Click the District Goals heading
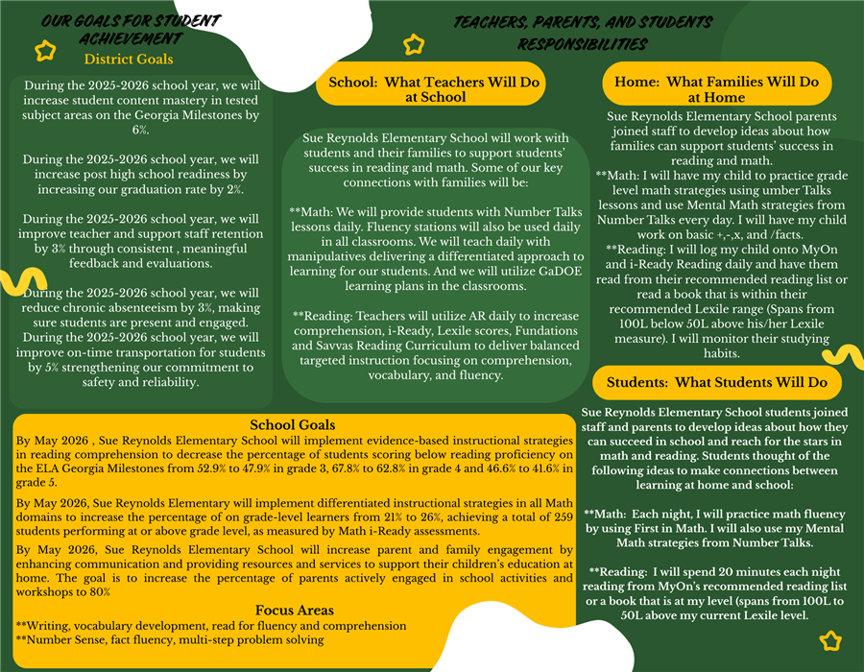pyautogui.click(x=129, y=60)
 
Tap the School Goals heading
pyautogui.click(x=293, y=425)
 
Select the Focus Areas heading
pyautogui.click(x=294, y=611)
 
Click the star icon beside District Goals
pyautogui.click(x=45, y=52)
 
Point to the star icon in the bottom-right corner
pyautogui.click(x=831, y=640)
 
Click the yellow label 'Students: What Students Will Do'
pyautogui.click(x=716, y=382)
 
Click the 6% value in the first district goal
pyautogui.click(x=140, y=129)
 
